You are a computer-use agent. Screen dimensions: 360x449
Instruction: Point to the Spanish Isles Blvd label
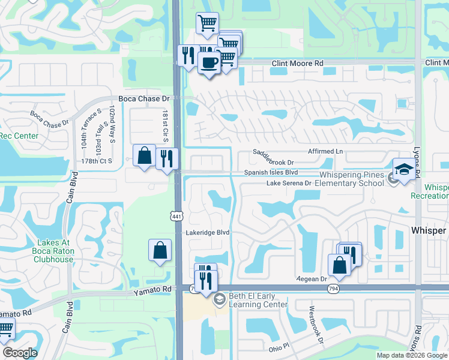click(x=271, y=172)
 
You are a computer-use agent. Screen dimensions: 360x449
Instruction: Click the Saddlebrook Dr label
click(x=273, y=162)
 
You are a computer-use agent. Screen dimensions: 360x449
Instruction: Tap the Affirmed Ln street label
click(x=325, y=152)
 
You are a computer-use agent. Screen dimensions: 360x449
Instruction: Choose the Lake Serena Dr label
click(x=289, y=183)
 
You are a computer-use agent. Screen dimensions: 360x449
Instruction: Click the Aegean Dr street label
click(x=311, y=279)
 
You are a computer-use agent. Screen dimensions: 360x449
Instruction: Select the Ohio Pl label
click(x=279, y=347)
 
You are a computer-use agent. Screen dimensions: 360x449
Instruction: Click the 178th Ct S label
click(x=97, y=161)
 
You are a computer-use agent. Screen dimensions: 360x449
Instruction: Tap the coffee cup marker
click(x=209, y=63)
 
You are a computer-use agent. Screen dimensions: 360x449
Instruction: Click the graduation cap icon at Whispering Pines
click(x=405, y=170)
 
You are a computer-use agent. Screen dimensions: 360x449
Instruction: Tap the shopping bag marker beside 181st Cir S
click(x=145, y=157)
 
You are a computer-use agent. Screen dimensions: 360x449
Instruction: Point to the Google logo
click(x=20, y=353)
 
